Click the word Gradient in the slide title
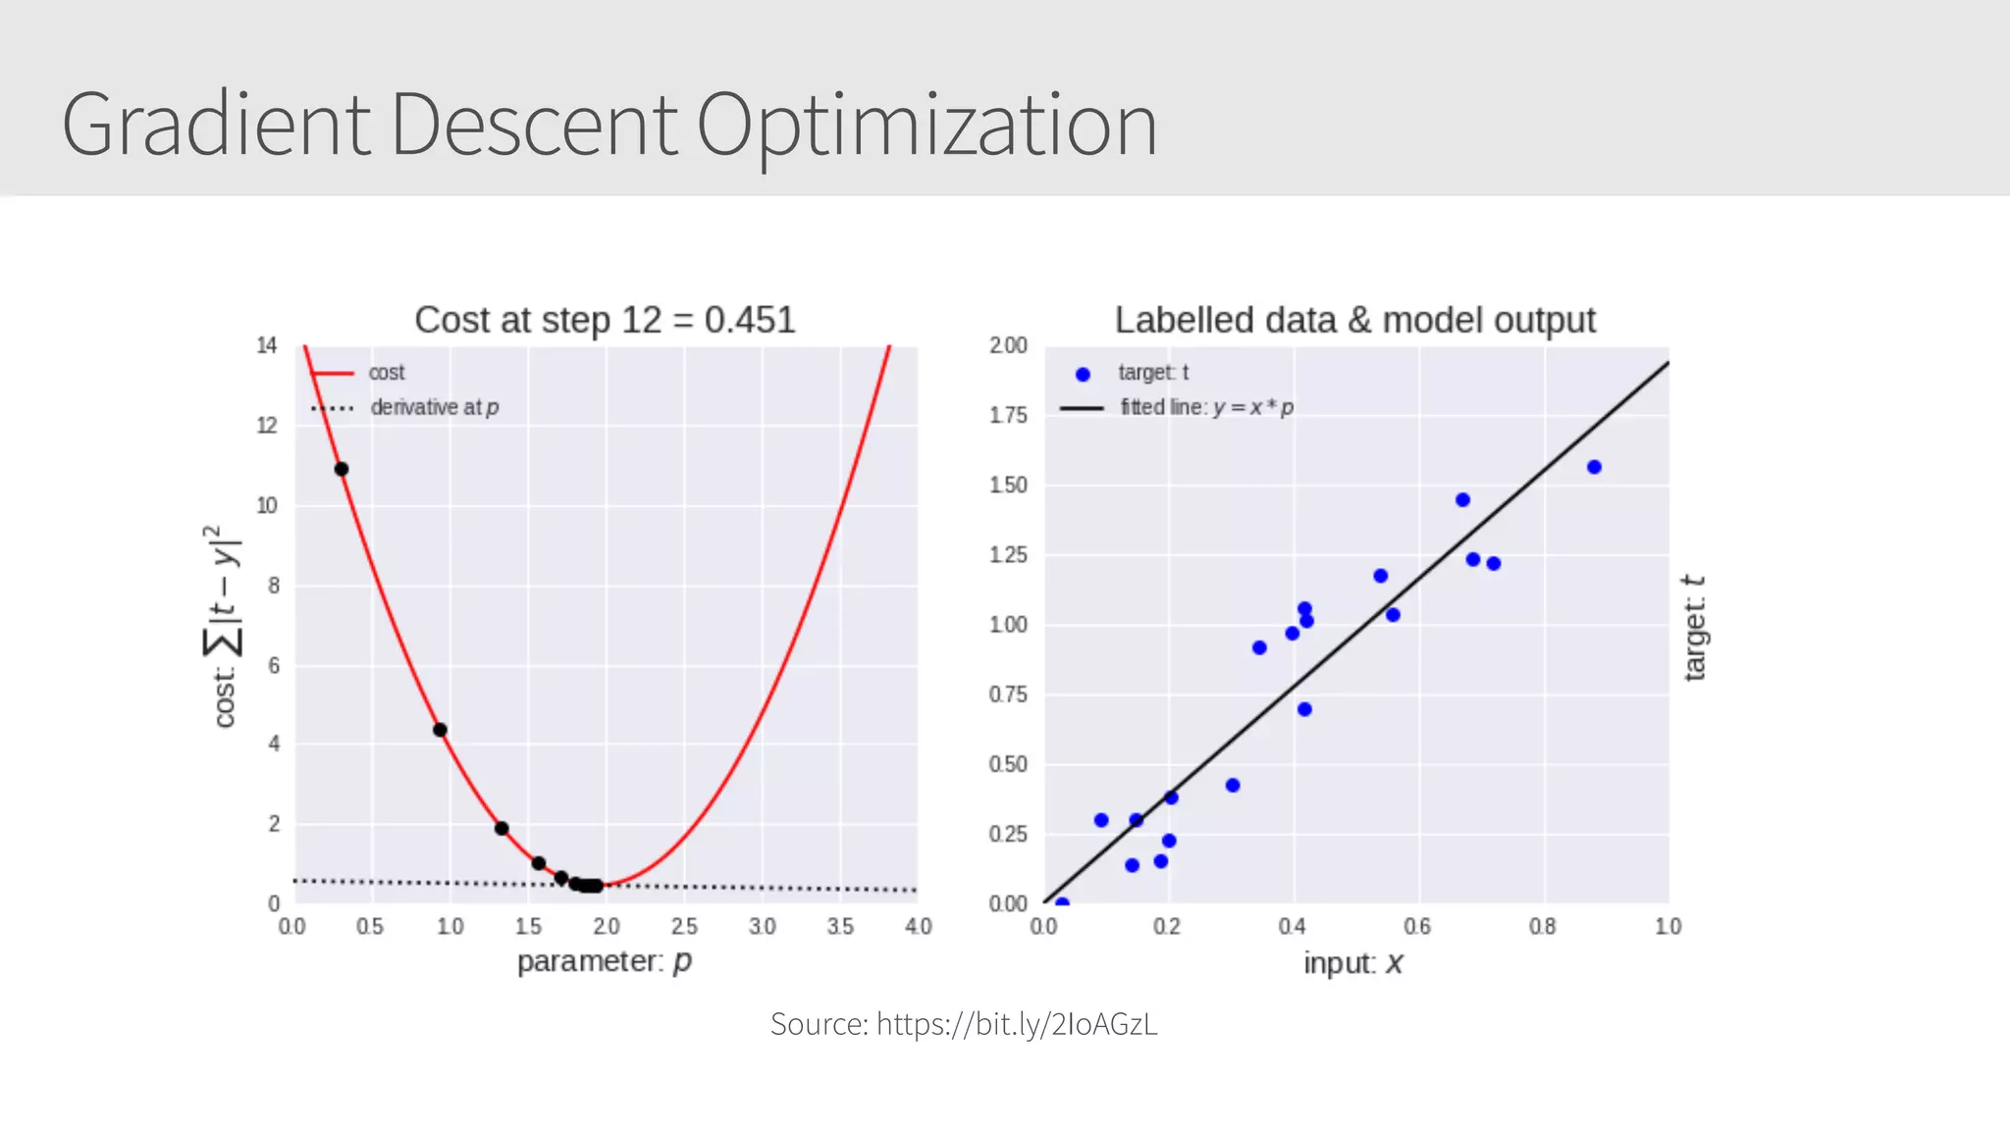pos(216,126)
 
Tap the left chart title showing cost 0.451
pos(605,321)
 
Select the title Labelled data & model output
pos(1354,321)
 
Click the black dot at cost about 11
pos(342,469)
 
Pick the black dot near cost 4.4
pos(440,730)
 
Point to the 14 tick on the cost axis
pos(267,345)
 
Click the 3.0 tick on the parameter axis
pos(762,926)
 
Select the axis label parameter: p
pos(605,961)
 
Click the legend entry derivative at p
pos(434,407)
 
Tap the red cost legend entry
pos(386,373)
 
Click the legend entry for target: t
pos(1152,373)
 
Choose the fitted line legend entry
pos(1206,407)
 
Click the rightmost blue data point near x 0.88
pos(1594,467)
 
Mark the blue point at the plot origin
pos(1062,902)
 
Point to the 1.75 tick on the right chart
pos(1008,415)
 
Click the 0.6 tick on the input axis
pos(1417,926)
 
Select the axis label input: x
pos(1352,963)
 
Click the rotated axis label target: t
pos(1695,628)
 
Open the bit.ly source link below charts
pos(1017,1024)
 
